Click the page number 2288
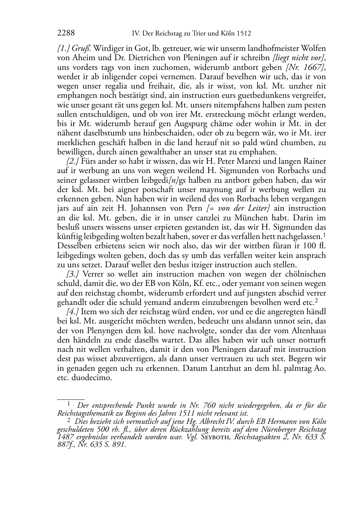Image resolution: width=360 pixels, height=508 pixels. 66,34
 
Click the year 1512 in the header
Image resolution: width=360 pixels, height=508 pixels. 244,34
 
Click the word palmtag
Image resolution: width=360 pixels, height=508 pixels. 300,369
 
